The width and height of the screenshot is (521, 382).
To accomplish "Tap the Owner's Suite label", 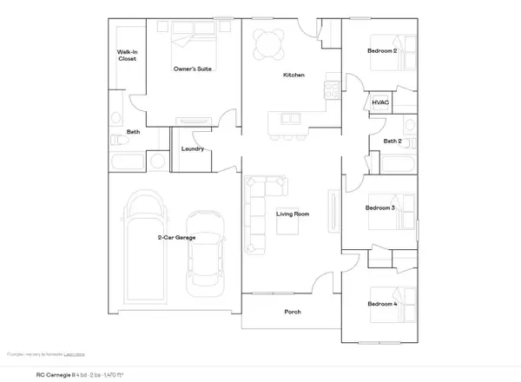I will [x=194, y=69].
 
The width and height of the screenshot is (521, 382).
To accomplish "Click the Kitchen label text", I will [x=293, y=76].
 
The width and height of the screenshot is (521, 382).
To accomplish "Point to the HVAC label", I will [x=380, y=102].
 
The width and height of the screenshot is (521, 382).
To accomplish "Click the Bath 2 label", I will [x=392, y=141].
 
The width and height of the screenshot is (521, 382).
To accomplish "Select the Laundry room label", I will [x=193, y=148].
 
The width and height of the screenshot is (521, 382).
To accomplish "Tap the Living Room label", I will [x=293, y=214].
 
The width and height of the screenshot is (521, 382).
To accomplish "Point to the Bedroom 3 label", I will [x=380, y=208].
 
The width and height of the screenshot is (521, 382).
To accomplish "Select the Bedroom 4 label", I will [x=382, y=305].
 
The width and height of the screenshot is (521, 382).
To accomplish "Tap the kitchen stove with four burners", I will [x=332, y=88].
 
